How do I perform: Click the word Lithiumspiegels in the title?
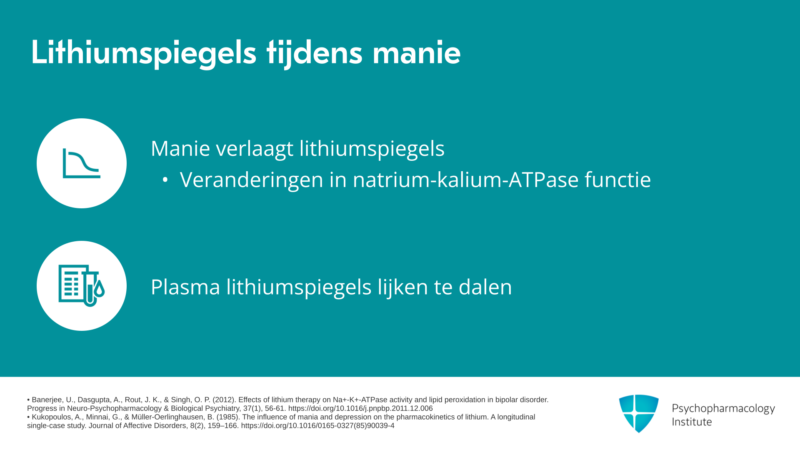144,53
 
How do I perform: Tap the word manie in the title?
416,52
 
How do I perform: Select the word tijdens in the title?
315,53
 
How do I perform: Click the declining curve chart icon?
82,163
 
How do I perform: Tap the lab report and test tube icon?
82,286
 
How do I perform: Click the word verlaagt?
255,149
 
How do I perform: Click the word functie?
617,180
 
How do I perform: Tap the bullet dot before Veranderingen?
165,180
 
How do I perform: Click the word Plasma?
185,287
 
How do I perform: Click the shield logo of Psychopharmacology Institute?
639,413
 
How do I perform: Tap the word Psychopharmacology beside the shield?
723,409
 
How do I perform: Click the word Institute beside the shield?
692,422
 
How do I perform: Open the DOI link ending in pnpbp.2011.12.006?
360,409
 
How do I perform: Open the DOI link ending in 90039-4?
317,426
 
